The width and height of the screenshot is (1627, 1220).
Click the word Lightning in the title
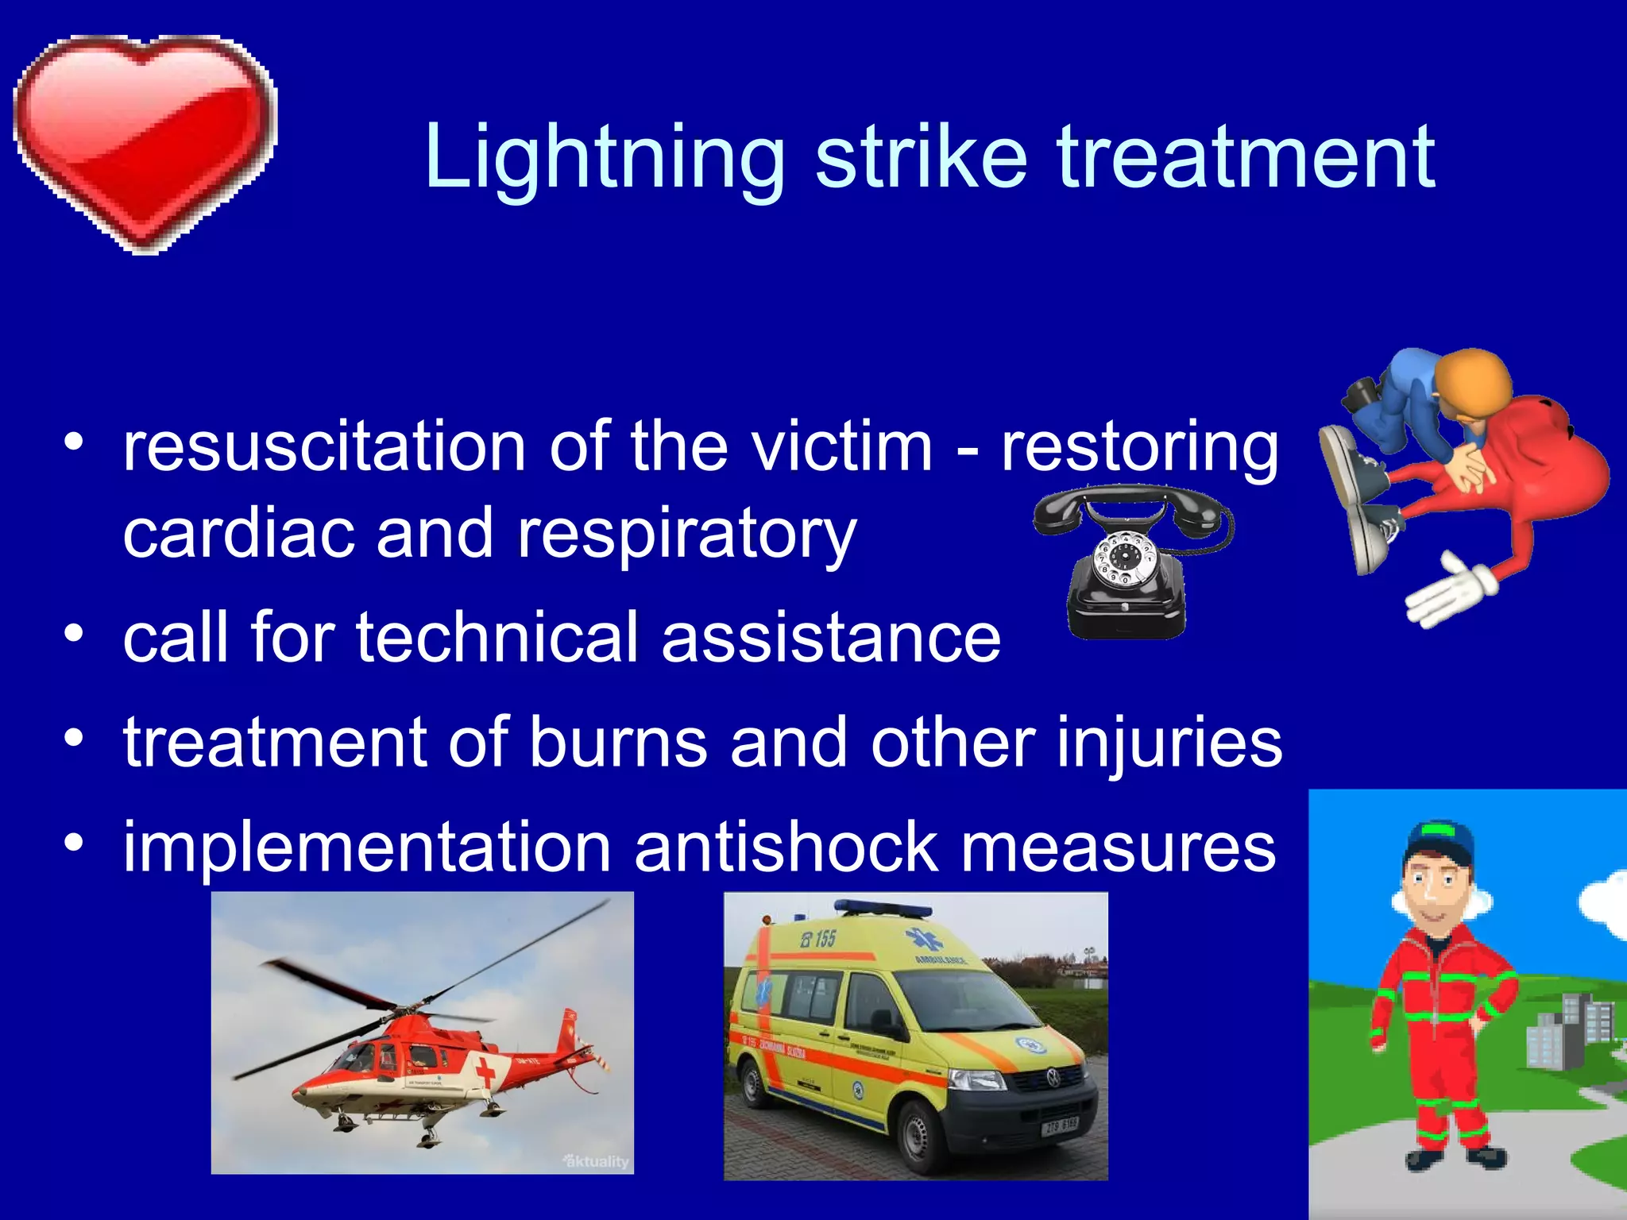(x=604, y=159)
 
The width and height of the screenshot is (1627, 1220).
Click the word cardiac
(x=238, y=534)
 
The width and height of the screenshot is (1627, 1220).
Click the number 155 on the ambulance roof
(x=818, y=940)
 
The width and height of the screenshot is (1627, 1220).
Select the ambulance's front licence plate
(x=1060, y=1125)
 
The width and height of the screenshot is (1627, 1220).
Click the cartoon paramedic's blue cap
(x=1440, y=846)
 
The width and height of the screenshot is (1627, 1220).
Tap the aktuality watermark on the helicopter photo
(x=596, y=1161)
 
